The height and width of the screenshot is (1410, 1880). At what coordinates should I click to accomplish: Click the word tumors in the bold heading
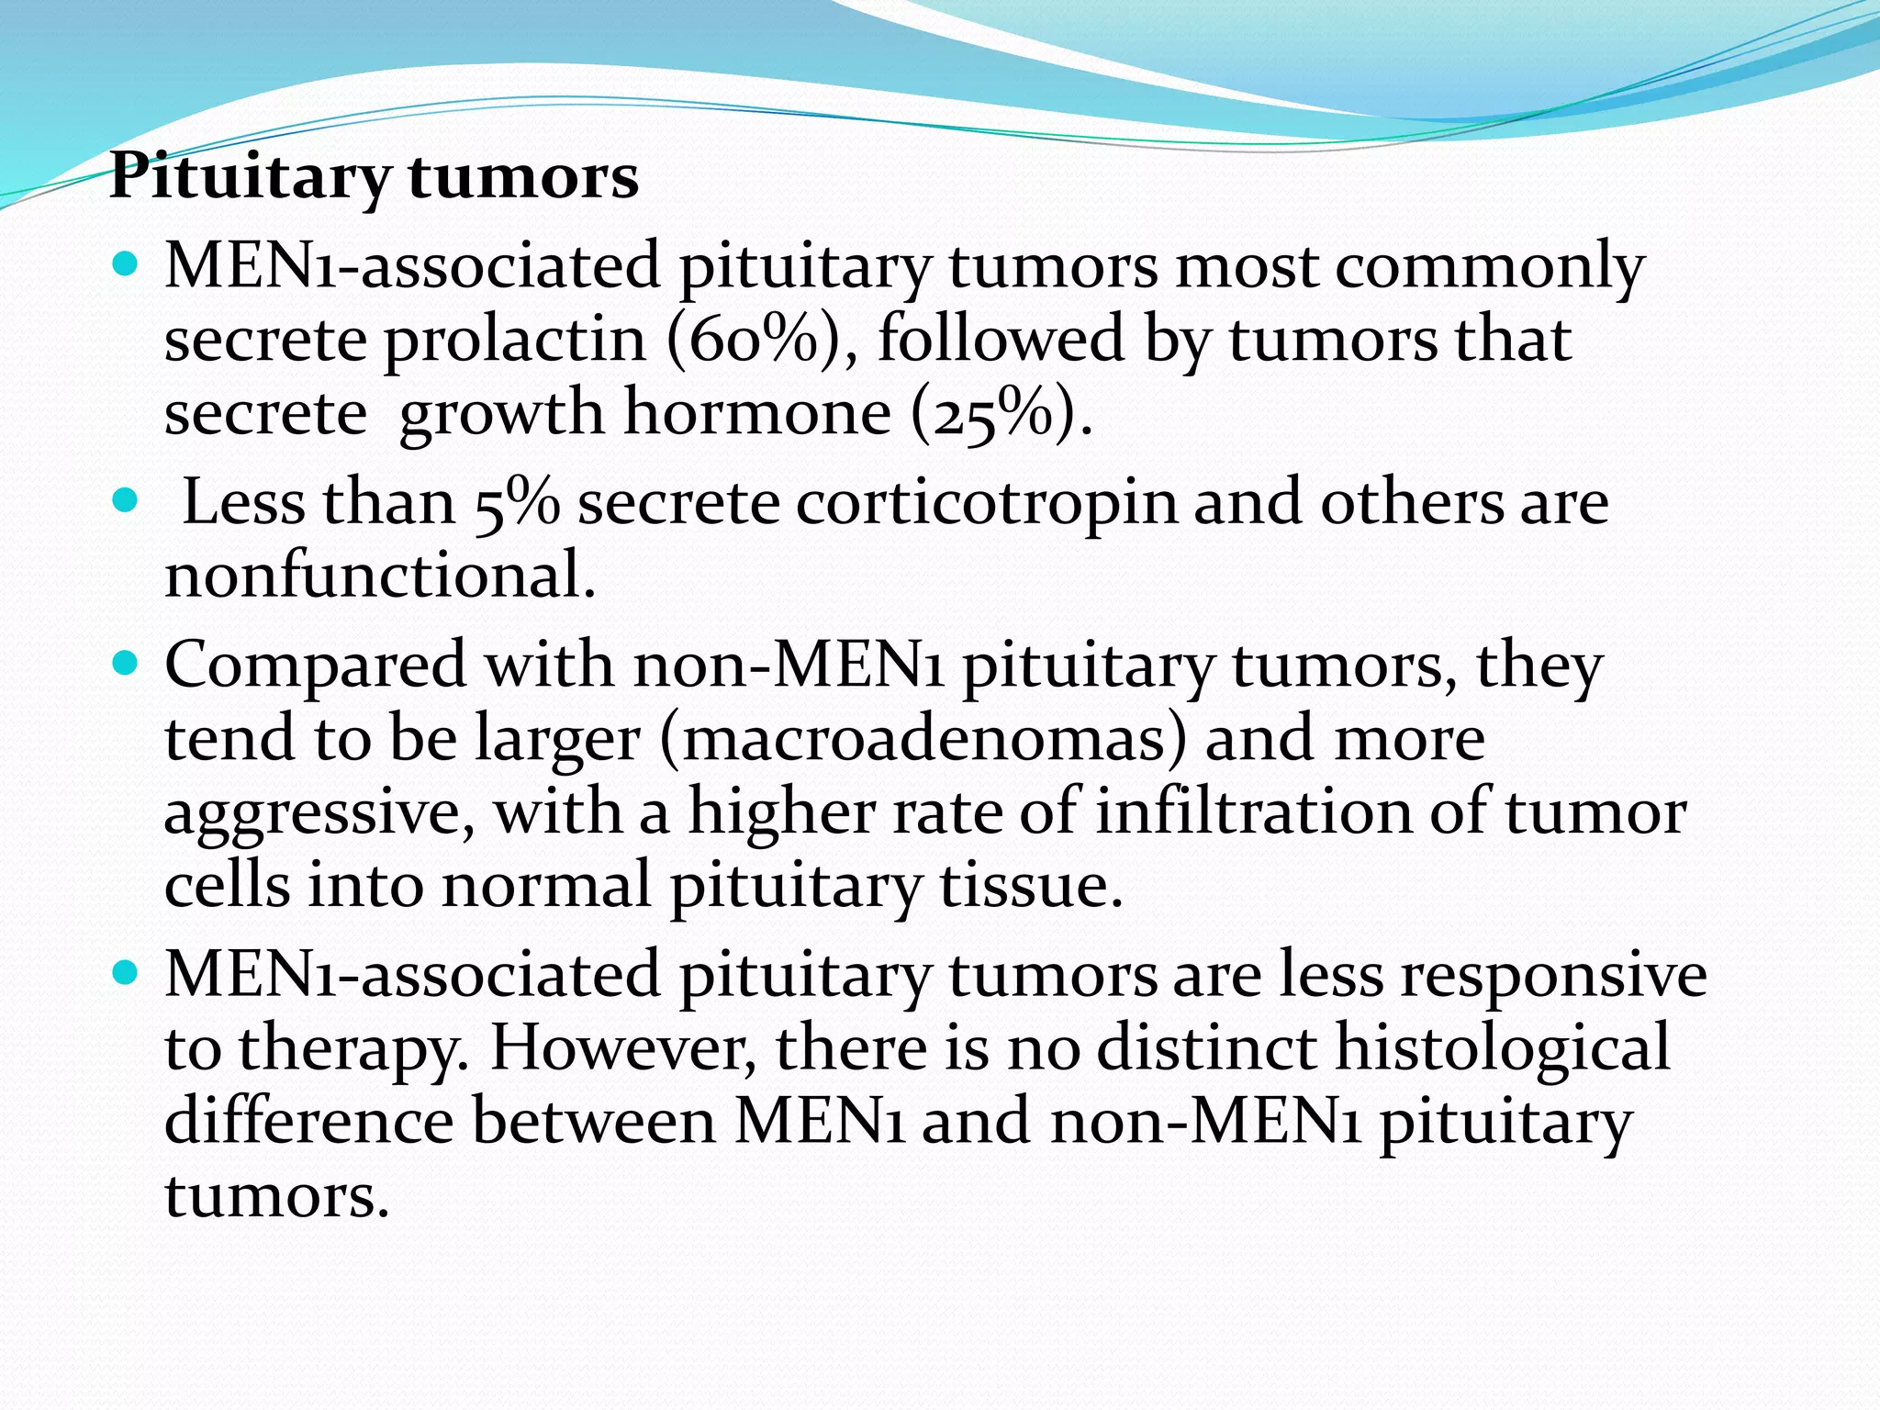point(523,176)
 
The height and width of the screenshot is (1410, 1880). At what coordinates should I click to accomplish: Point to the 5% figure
point(517,504)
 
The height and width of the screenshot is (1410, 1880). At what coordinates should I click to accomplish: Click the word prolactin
point(515,340)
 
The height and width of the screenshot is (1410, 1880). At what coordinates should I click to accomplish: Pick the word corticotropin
point(986,504)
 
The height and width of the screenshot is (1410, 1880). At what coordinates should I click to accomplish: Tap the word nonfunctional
point(380,576)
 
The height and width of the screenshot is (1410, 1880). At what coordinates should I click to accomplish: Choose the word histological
point(1502,1047)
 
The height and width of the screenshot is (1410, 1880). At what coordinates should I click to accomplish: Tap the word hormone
point(757,413)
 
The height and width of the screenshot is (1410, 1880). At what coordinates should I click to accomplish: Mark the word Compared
point(315,666)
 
